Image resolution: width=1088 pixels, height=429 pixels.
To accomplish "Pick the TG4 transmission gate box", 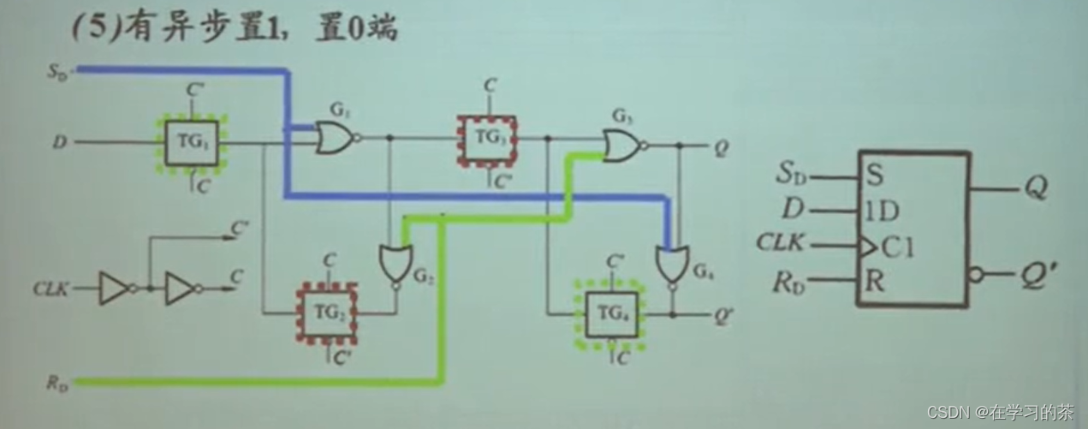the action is tap(610, 313).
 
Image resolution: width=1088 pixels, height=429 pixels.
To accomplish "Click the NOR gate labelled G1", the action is tap(335, 137).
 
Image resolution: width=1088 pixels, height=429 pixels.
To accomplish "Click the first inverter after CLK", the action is tap(114, 289).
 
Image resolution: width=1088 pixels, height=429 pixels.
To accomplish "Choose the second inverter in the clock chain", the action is tap(181, 289).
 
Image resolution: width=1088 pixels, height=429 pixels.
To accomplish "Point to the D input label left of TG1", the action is tap(59, 143).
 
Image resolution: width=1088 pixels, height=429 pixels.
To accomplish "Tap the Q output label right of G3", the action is tap(722, 146).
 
